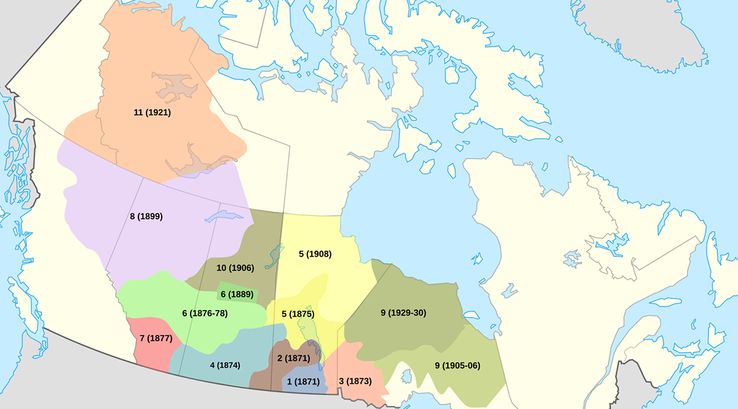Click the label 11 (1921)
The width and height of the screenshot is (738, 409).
coord(152,112)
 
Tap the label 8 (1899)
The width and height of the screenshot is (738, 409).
coord(146,216)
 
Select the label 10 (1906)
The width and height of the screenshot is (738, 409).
coord(235,268)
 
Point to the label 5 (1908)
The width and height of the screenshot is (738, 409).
coord(315,254)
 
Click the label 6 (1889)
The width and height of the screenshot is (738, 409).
coord(237,294)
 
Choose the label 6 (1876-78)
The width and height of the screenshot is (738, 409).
coord(205,313)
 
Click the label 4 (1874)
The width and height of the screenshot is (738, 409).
coord(224,365)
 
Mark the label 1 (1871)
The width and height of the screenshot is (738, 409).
coord(304,381)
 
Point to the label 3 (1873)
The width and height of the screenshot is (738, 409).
coord(355,381)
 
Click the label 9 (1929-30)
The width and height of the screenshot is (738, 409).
coord(403,313)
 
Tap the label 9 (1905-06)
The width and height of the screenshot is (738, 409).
coord(458,365)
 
